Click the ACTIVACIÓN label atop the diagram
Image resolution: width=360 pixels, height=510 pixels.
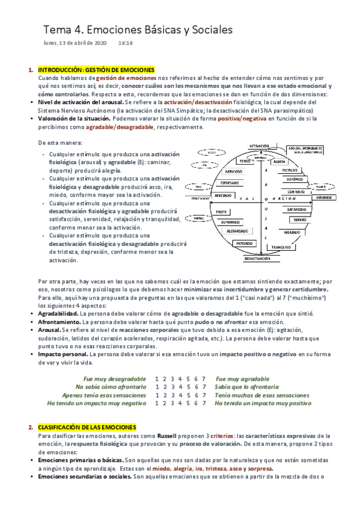[258, 146]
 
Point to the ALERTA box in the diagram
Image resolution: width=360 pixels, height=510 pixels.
[279, 162]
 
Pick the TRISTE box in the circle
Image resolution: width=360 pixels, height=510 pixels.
[222, 212]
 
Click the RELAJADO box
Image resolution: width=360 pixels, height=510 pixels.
[292, 231]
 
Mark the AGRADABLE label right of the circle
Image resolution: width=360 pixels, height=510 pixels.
[325, 197]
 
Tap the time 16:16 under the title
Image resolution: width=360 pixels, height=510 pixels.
[126, 44]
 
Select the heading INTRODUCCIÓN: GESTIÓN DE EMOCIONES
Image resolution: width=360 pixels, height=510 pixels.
[96, 70]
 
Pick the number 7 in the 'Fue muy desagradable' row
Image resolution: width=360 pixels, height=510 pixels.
[204, 378]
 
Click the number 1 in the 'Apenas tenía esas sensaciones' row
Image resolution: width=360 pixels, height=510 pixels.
[156, 395]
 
